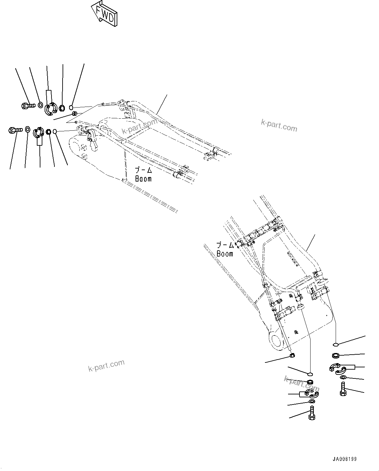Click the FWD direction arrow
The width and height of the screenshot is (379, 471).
click(104, 15)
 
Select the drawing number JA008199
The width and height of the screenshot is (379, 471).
click(344, 459)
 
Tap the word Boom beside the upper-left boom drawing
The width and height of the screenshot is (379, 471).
click(143, 179)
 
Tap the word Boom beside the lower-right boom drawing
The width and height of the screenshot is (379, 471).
click(225, 254)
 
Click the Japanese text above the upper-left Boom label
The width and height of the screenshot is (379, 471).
click(144, 170)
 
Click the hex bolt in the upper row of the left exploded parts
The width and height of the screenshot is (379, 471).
click(28, 105)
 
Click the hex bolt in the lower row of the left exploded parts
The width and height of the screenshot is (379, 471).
click(14, 130)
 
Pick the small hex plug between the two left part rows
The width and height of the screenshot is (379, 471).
click(74, 114)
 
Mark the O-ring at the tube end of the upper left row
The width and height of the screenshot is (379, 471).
click(72, 107)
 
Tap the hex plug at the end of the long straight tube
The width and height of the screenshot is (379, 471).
click(292, 355)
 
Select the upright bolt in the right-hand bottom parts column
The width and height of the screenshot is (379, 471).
click(343, 389)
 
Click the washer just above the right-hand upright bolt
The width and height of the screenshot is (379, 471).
click(343, 377)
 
